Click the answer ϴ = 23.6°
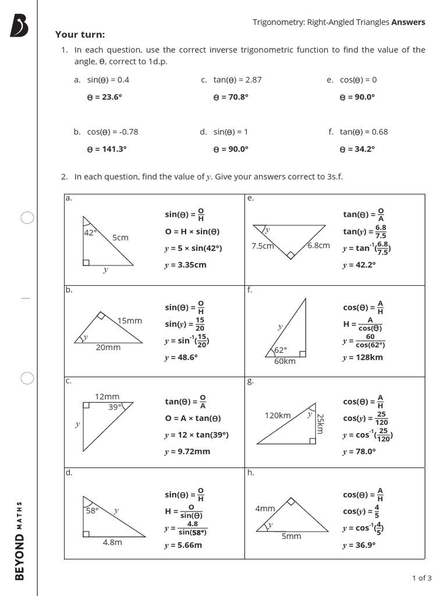105,97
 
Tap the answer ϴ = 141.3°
107,149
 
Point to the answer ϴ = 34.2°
357,149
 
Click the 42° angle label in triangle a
90,232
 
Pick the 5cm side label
120,237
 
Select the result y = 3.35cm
186,265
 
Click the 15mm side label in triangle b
129,321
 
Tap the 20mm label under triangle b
108,347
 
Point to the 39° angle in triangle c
115,407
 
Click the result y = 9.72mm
187,452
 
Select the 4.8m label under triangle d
112,542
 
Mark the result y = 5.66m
183,545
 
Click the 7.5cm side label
262,246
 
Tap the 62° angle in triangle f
281,350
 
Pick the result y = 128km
363,357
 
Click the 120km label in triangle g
278,416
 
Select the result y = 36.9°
359,545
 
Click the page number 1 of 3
422,578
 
